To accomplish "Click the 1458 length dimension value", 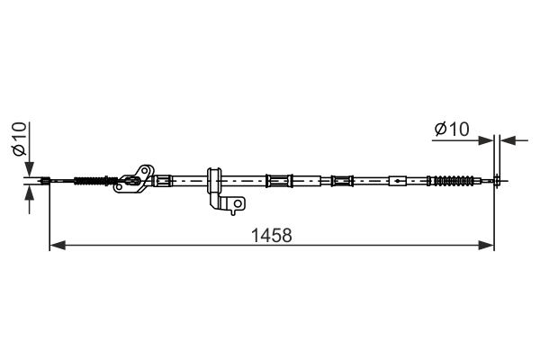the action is point(272,236).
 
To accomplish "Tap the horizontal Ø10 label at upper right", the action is point(452,130).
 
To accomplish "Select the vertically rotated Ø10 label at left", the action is point(19,139).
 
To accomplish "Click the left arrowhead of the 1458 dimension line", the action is point(58,246).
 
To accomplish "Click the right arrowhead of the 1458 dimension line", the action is point(486,246).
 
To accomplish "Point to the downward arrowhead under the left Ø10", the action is point(30,169).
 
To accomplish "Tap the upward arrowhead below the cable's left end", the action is point(30,193).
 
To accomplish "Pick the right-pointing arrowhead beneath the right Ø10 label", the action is point(486,140).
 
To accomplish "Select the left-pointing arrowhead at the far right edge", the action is point(508,140).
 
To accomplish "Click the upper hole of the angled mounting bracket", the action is point(145,171).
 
